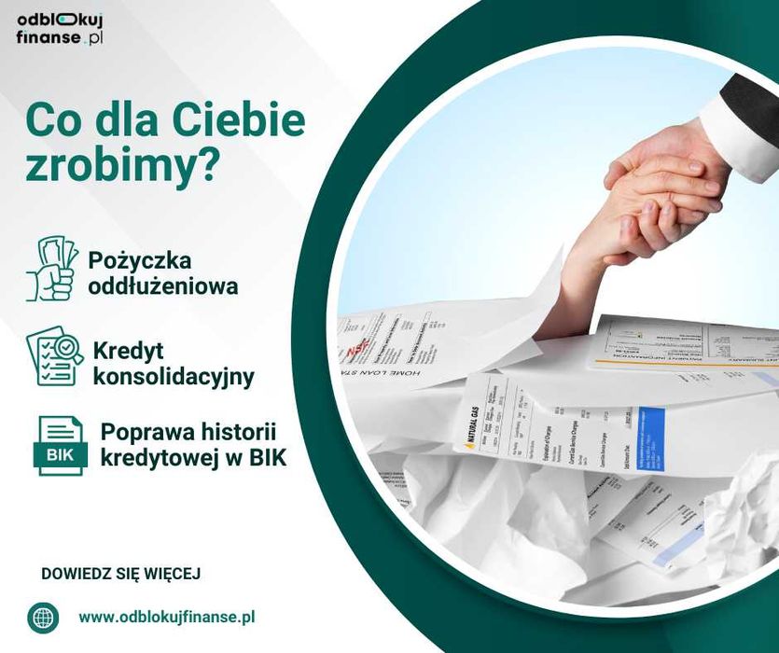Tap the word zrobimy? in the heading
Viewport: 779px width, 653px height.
coord(123,164)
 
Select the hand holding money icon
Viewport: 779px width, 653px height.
coord(51,269)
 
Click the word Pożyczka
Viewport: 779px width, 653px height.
coord(139,259)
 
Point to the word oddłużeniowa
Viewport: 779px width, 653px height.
coord(162,285)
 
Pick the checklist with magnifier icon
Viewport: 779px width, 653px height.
coord(54,355)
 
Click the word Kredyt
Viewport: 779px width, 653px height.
coord(129,351)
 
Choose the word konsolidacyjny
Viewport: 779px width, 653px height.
coord(173,377)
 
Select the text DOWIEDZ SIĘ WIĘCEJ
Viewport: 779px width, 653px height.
coord(121,573)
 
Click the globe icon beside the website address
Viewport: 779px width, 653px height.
coord(42,617)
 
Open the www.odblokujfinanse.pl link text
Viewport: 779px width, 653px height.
coord(167,617)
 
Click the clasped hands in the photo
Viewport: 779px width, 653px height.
coord(658,191)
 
